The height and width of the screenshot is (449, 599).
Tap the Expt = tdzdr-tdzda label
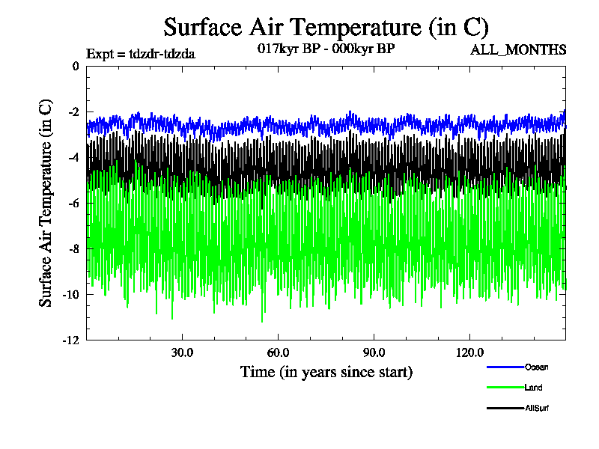point(142,53)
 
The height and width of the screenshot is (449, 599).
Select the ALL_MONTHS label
point(518,50)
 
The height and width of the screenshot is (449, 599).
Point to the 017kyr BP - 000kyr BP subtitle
point(326,48)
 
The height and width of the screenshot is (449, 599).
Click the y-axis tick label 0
point(75,67)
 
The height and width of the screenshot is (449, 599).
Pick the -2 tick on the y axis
point(73,112)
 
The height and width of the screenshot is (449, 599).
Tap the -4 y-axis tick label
point(73,158)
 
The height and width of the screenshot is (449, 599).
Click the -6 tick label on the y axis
point(73,204)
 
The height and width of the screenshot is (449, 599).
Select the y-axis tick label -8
point(73,249)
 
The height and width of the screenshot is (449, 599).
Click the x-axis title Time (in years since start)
point(326,372)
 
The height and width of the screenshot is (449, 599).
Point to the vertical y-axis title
point(46,202)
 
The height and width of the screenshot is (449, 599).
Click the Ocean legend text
point(536,367)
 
